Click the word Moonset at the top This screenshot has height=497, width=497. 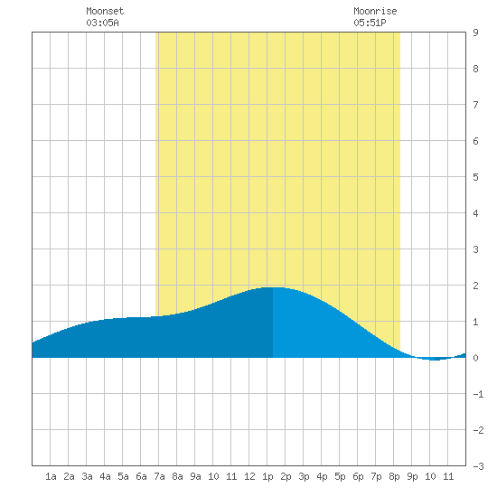105,11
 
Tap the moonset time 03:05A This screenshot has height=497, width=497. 102,23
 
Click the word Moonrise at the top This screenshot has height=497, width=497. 375,11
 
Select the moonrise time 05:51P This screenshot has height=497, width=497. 370,23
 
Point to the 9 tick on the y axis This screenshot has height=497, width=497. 475,33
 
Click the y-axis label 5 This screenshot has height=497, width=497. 475,177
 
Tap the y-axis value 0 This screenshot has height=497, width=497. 475,358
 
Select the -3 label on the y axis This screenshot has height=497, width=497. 478,466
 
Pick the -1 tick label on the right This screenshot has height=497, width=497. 478,394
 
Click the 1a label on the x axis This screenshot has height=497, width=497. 51,476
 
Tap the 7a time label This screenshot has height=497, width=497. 159,476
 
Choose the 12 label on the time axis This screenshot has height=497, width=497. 249,476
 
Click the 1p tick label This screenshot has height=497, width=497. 267,476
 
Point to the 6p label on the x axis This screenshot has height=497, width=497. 358,476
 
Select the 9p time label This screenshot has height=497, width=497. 412,476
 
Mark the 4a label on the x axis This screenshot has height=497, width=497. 105,476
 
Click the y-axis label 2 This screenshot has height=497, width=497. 475,286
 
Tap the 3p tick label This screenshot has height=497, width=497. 304,476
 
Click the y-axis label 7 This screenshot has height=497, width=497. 475,105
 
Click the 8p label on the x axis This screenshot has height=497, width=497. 394,476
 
